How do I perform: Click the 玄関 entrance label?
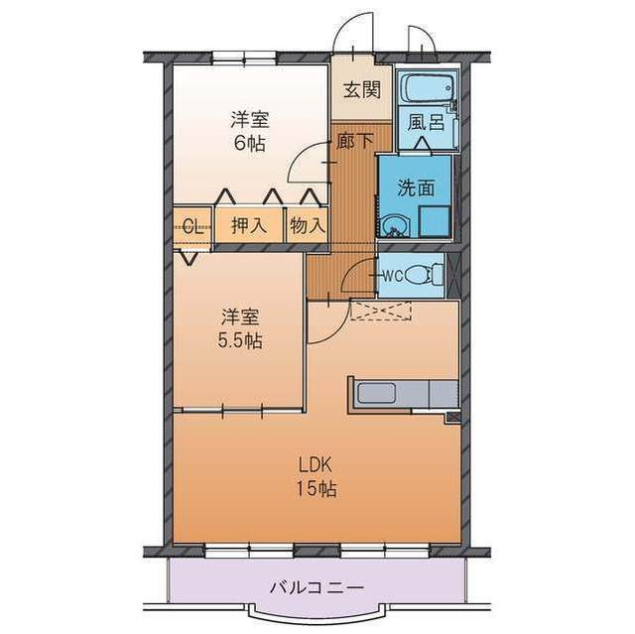pos(361,89)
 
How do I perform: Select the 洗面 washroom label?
pos(415,187)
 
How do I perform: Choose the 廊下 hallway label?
pos(354,142)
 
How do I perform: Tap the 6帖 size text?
pos(250,141)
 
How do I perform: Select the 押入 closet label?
pos(249,225)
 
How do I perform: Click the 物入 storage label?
pos(308,225)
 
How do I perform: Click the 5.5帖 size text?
pos(240,340)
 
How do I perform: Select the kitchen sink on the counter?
pos(377,393)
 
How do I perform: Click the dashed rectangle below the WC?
pos(381,312)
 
